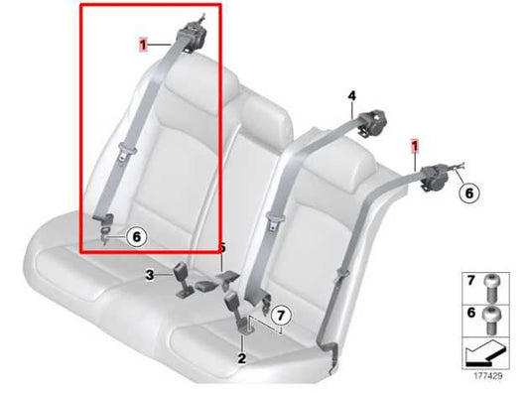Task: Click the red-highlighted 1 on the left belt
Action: coord(144,44)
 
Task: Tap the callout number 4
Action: coord(350,96)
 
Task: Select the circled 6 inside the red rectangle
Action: coord(137,236)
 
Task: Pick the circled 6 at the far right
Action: coord(470,194)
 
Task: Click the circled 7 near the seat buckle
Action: coord(281,316)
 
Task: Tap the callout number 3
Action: coord(149,275)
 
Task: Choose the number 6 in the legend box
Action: coord(471,314)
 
